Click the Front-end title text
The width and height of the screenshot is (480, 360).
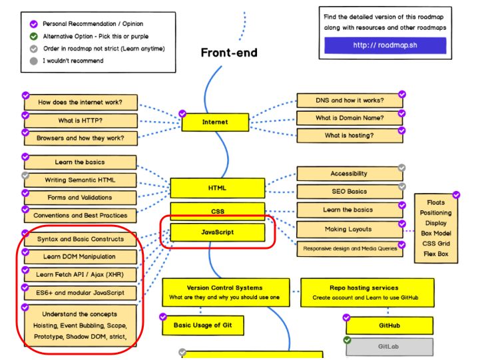point(228,53)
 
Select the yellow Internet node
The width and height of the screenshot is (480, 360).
point(214,122)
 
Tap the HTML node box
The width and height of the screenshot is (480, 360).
point(217,188)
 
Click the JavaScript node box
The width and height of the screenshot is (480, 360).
point(217,233)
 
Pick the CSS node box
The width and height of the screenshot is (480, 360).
point(217,212)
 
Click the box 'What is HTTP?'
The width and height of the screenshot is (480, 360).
point(81,120)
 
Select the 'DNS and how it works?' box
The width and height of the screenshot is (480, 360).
point(350,100)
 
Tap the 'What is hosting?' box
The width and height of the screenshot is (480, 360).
point(350,136)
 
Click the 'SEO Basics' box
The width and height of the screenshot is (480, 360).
point(350,192)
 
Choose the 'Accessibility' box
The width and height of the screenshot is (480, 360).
point(350,174)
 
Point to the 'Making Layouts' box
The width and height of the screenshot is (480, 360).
point(350,230)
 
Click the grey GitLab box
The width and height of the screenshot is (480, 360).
point(389,347)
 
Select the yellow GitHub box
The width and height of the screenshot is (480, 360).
point(389,325)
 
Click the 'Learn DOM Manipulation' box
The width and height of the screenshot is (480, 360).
point(80,256)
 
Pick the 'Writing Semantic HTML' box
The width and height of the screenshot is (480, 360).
point(81,180)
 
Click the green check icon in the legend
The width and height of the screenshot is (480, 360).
point(34,37)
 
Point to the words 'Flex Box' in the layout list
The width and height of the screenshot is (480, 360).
point(435,254)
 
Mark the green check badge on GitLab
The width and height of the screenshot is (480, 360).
point(347,339)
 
